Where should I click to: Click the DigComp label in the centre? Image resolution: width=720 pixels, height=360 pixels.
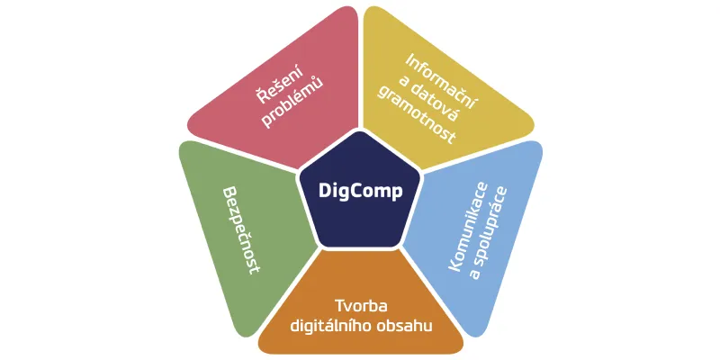pos(361,191)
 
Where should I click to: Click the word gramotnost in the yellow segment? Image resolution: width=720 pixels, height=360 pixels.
pos(417,115)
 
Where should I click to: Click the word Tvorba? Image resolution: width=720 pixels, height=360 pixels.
pos(361,306)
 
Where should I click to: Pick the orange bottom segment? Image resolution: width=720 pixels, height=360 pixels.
pos(361,312)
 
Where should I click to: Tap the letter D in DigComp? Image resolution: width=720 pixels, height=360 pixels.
pos(325,190)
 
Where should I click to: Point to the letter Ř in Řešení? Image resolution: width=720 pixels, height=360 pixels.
pos(263,96)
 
